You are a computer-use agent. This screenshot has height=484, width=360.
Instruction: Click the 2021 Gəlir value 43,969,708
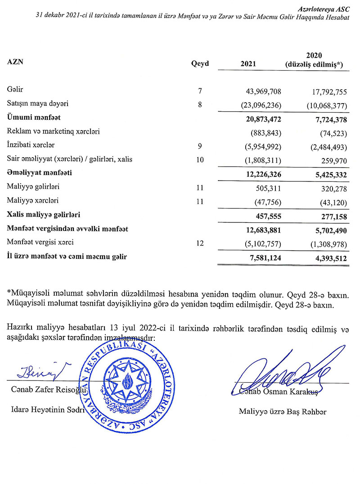(263, 92)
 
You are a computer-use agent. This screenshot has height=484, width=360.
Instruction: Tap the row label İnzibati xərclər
(31, 145)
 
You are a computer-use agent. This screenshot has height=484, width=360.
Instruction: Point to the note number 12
(200, 243)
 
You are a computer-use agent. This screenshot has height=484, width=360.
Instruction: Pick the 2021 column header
(248, 64)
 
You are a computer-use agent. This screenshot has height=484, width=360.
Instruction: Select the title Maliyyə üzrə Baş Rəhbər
(283, 412)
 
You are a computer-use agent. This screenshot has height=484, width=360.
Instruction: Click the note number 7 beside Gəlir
(200, 92)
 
